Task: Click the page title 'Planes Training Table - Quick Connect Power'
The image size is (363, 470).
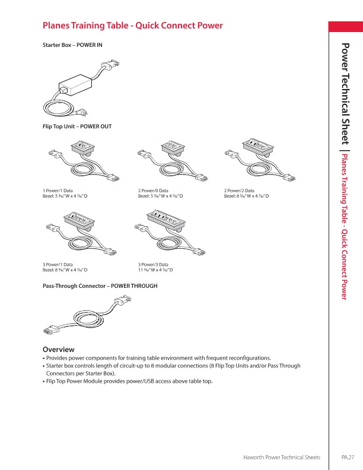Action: pyautogui.click(x=133, y=26)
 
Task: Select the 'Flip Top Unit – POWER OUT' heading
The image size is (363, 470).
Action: pyautogui.click(x=77, y=126)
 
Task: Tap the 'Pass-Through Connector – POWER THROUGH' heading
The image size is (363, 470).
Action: pyautogui.click(x=100, y=285)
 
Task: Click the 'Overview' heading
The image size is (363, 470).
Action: pyautogui.click(x=58, y=349)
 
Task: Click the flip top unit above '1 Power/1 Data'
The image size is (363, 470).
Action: pyautogui.click(x=80, y=160)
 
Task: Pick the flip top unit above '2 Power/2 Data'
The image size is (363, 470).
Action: pyautogui.click(x=257, y=160)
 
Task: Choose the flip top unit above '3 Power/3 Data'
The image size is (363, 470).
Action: pyautogui.click(x=172, y=235)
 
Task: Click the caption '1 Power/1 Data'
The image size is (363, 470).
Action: pyautogui.click(x=58, y=190)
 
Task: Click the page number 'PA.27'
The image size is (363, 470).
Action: pyautogui.click(x=348, y=458)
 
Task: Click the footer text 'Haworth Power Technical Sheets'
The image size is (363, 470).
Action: pyautogui.click(x=282, y=458)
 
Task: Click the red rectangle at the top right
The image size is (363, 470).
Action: pyautogui.click(x=346, y=27)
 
